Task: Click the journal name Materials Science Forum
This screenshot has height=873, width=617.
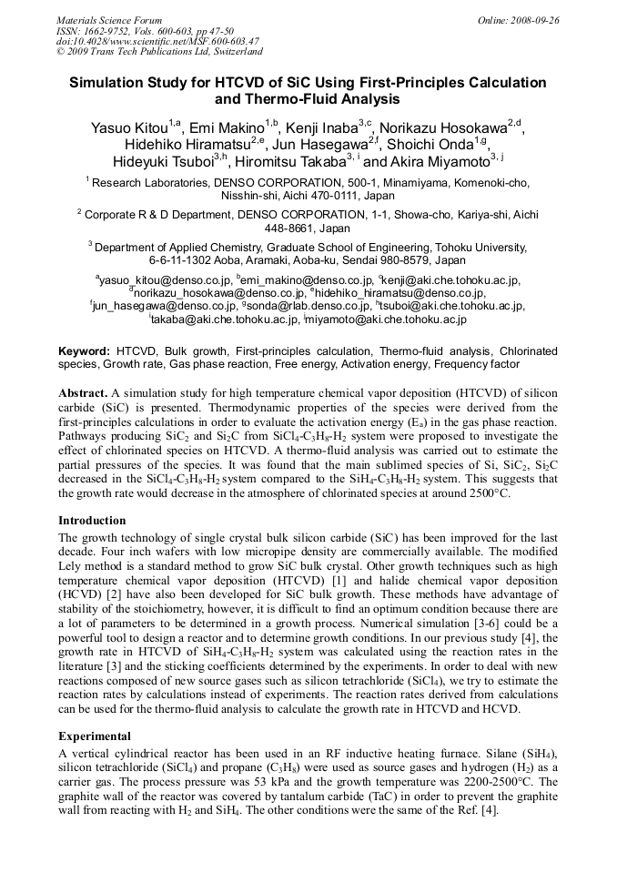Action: point(109,20)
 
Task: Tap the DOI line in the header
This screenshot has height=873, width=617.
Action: point(157,41)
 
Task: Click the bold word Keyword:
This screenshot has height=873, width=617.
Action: point(85,350)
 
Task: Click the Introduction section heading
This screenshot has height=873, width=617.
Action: point(92,521)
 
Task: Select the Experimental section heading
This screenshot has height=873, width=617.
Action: point(95,736)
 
